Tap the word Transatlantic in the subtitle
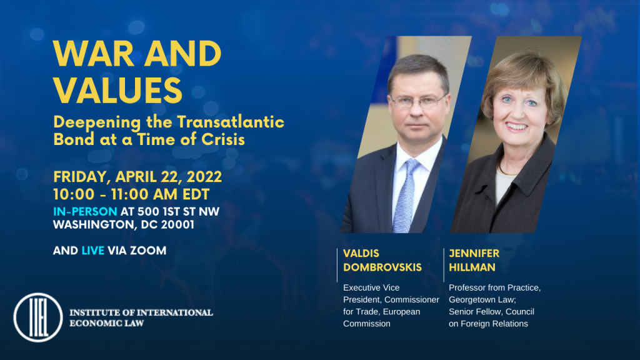(x=231, y=122)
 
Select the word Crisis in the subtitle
(x=223, y=139)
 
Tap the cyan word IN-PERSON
(x=85, y=211)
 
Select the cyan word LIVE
(x=93, y=251)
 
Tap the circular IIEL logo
(x=38, y=317)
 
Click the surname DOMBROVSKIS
(x=382, y=267)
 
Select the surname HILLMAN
(x=472, y=267)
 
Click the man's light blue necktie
(x=405, y=195)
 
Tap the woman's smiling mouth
(x=517, y=126)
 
